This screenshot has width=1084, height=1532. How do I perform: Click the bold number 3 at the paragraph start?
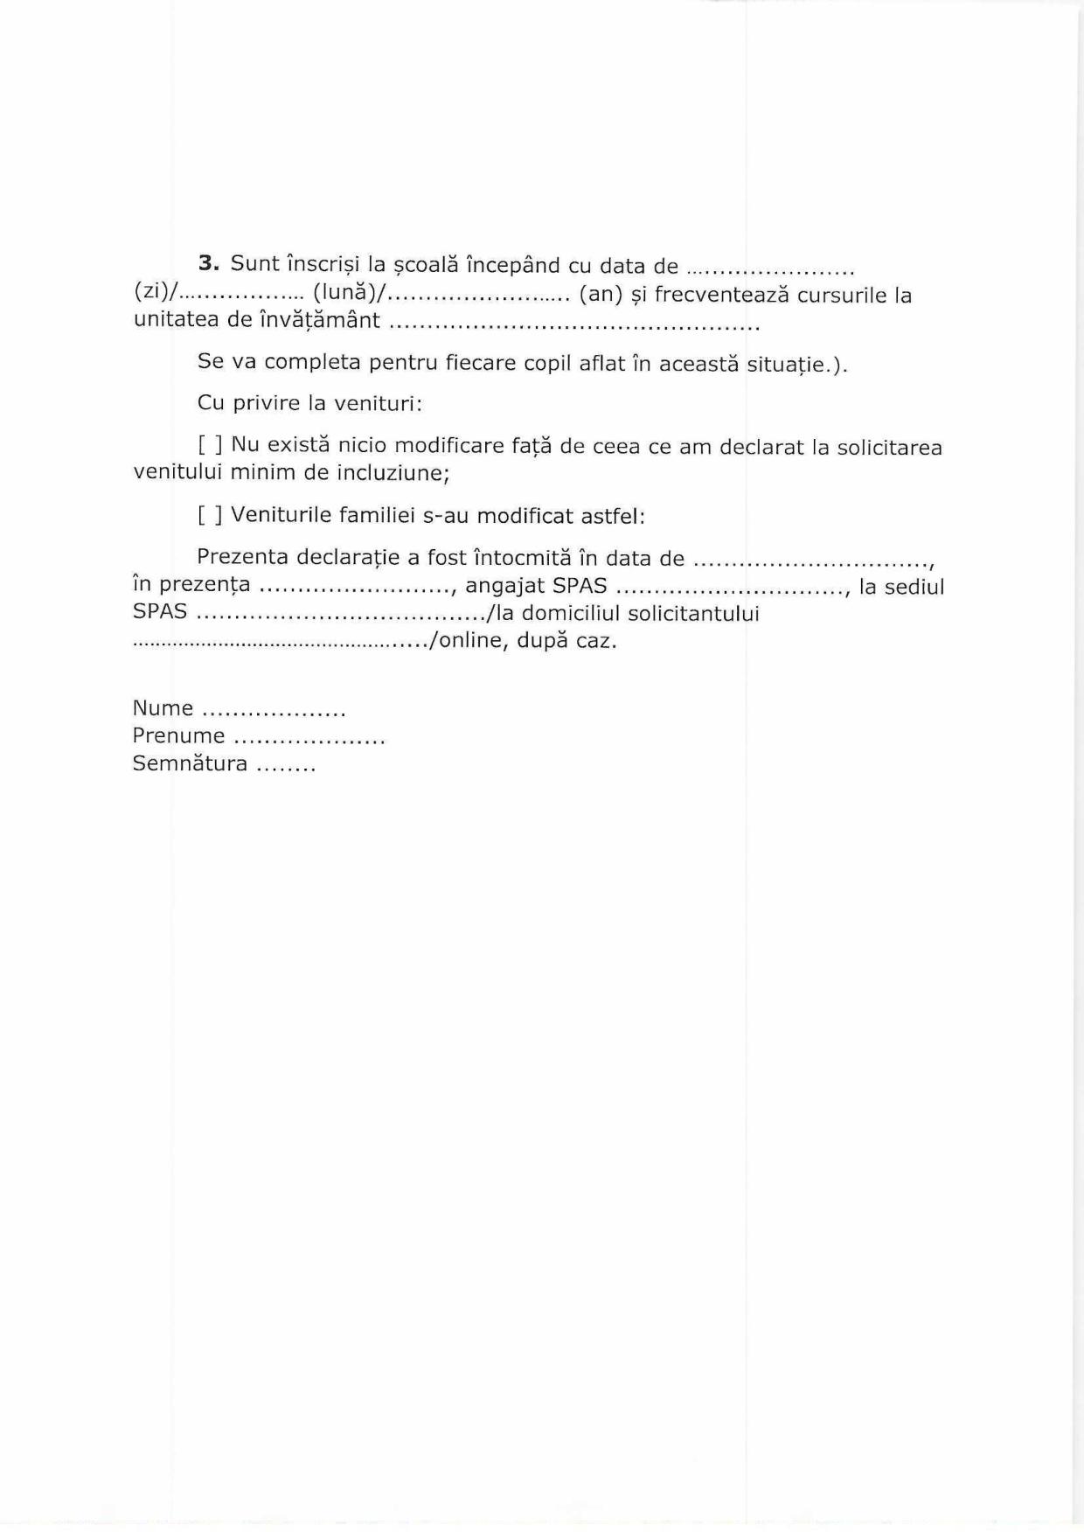207,264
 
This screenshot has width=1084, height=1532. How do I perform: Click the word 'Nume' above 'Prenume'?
163,708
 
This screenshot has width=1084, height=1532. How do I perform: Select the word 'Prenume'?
178,736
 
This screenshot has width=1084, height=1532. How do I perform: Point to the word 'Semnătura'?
190,764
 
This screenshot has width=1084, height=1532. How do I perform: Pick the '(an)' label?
601,294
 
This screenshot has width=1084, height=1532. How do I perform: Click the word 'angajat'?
505,586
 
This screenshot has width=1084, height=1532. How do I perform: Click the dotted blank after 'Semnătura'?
285,766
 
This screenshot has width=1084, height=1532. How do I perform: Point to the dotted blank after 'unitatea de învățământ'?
573,324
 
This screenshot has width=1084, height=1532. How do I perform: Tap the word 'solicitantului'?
694,613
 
